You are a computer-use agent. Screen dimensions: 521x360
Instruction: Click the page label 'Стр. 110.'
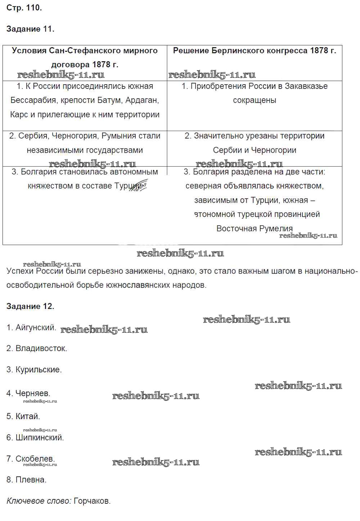click(x=24, y=8)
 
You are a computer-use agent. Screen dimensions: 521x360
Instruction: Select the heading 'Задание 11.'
click(x=30, y=29)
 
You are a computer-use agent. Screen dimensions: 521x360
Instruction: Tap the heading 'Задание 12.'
click(x=30, y=306)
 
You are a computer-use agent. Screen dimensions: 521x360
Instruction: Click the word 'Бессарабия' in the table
click(x=31, y=100)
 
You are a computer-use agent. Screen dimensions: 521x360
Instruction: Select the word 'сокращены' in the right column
click(x=255, y=100)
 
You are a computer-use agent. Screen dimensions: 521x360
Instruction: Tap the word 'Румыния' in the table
click(x=116, y=136)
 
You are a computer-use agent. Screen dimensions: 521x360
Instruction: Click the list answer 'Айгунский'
click(x=35, y=328)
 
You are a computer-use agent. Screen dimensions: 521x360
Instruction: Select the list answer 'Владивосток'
click(x=41, y=349)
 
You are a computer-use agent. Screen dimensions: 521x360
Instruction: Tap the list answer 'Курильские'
click(x=38, y=370)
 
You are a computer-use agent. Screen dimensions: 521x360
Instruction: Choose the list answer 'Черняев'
click(x=32, y=394)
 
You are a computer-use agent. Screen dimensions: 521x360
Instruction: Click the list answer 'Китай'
click(x=27, y=417)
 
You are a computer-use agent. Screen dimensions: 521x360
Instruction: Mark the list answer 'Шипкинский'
click(x=39, y=438)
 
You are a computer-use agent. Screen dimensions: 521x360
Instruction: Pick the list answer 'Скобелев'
click(x=35, y=459)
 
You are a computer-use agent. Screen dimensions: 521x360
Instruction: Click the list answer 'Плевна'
click(x=31, y=480)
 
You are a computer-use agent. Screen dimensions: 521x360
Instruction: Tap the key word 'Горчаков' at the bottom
click(x=92, y=501)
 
